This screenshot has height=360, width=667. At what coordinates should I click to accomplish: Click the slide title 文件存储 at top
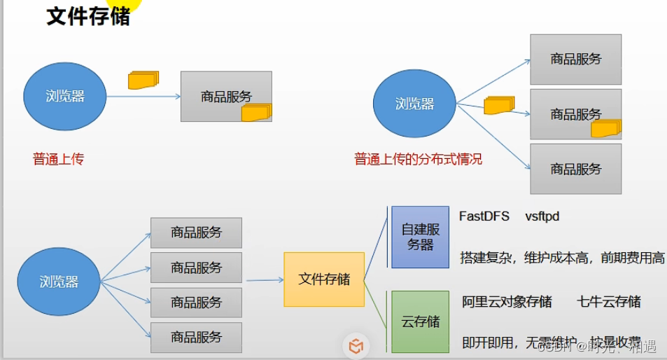pyautogui.click(x=88, y=16)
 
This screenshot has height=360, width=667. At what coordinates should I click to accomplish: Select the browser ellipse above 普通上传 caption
pyautogui.click(x=64, y=97)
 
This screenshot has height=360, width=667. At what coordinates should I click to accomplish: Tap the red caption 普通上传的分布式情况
pyautogui.click(x=418, y=159)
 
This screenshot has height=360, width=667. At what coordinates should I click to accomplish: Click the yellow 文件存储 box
pyautogui.click(x=324, y=279)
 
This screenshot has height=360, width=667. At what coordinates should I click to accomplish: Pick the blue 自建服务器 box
pyautogui.click(x=420, y=237)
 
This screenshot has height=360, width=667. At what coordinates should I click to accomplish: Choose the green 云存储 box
pyautogui.click(x=420, y=321)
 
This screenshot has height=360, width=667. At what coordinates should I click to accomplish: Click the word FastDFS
pyautogui.click(x=484, y=216)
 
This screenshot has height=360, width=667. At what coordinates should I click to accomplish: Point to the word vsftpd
pyautogui.click(x=542, y=216)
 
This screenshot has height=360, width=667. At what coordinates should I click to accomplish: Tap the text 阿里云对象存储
pyautogui.click(x=507, y=302)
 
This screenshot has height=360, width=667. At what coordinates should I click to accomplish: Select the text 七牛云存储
pyautogui.click(x=608, y=302)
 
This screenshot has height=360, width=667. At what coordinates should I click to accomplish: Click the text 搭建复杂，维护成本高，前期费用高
pyautogui.click(x=562, y=258)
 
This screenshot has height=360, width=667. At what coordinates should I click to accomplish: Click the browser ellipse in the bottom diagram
pyautogui.click(x=59, y=282)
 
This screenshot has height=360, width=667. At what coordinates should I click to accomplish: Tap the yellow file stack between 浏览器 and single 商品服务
pyautogui.click(x=143, y=79)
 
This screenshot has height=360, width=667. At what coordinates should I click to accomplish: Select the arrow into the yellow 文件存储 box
pyautogui.click(x=265, y=280)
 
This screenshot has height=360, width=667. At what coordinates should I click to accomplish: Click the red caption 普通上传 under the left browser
pyautogui.click(x=58, y=159)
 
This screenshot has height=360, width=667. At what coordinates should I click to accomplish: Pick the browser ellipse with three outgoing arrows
pyautogui.click(x=414, y=104)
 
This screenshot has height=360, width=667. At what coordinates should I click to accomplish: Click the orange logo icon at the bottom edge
pyautogui.click(x=356, y=346)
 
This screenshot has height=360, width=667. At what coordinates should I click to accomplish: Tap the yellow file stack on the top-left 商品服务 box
pyautogui.click(x=256, y=112)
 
